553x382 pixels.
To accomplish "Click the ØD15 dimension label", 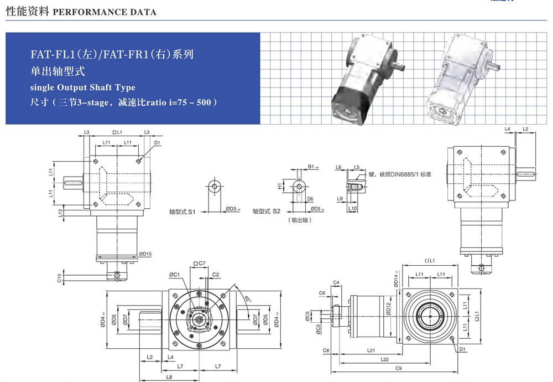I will [145, 254].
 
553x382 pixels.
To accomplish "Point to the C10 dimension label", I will [59, 277].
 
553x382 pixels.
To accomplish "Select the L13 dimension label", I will [60, 212].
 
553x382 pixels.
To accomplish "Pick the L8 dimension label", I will [168, 376].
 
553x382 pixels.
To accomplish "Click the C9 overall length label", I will [398, 368].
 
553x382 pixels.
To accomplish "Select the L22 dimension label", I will [384, 359].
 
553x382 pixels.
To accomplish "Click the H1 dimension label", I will [280, 187].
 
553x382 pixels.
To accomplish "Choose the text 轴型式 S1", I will [182, 211].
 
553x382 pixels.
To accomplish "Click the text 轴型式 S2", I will [267, 211].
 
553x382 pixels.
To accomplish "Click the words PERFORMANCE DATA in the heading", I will [104, 12].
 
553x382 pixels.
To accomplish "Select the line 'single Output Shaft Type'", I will [83, 87].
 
